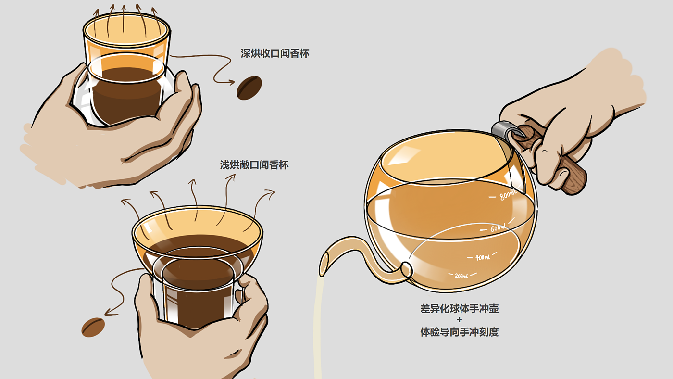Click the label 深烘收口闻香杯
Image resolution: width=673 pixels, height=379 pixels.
pyautogui.click(x=275, y=53)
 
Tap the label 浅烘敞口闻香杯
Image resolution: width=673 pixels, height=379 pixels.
pyautogui.click(x=254, y=165)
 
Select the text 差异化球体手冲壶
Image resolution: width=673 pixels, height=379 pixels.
pyautogui.click(x=460, y=309)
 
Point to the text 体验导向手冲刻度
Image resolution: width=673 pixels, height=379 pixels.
pyautogui.click(x=460, y=332)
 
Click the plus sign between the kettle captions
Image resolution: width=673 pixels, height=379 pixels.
pyautogui.click(x=460, y=320)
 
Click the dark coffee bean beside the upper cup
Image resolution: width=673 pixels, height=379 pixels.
pyautogui.click(x=249, y=88)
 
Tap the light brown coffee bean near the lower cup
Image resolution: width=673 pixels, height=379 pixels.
pyautogui.click(x=93, y=328)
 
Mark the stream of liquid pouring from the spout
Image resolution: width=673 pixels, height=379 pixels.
pyautogui.click(x=318, y=328)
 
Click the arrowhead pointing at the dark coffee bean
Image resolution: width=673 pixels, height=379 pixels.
pyautogui.click(x=231, y=82)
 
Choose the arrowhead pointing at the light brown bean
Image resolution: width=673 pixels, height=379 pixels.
pyautogui.click(x=109, y=313)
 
